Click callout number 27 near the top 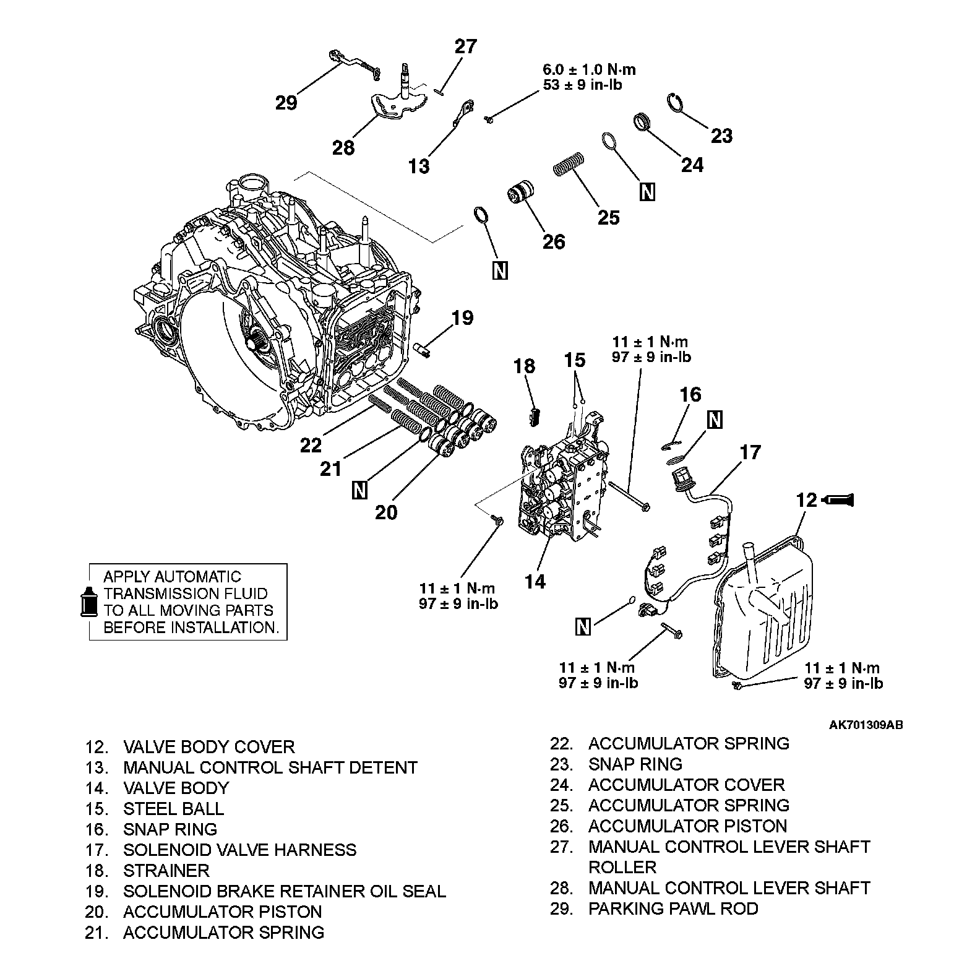(466, 47)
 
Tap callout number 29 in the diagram (286, 102)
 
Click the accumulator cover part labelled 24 (643, 122)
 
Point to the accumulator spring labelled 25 (569, 163)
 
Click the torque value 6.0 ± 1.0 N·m (589, 69)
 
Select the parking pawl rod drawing (353, 63)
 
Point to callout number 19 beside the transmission (462, 318)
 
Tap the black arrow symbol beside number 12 (838, 499)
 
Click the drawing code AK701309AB (866, 725)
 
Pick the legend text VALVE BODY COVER (208, 746)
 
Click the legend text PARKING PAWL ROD (673, 908)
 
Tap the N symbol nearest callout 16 (715, 420)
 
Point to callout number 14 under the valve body (535, 581)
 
